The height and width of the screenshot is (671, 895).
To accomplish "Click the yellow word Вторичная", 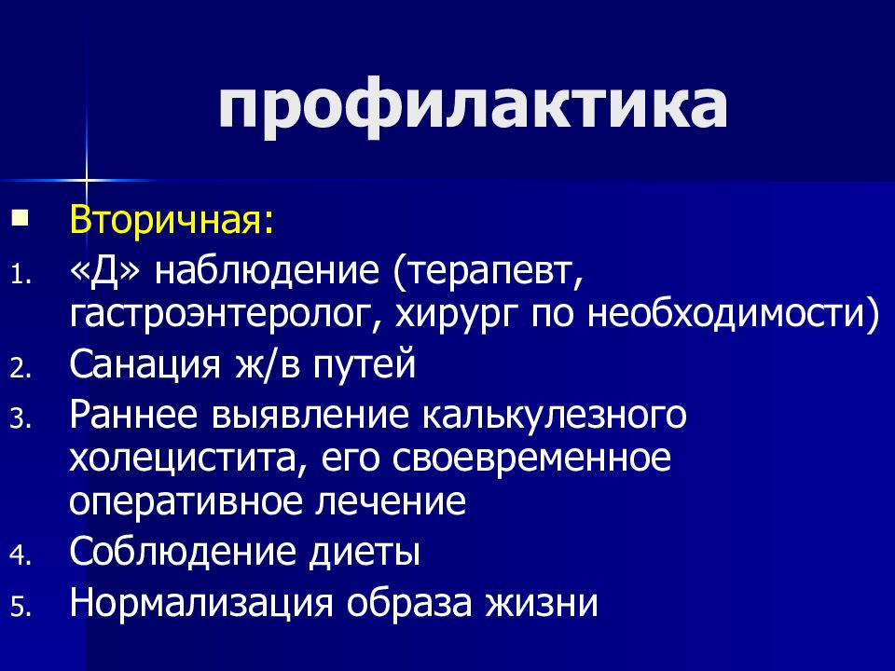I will click(x=172, y=225).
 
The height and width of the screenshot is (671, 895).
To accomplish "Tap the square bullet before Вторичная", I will click(x=21, y=220).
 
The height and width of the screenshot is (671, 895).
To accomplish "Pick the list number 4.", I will click(x=21, y=556).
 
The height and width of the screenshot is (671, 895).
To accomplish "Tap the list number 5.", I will click(x=21, y=608).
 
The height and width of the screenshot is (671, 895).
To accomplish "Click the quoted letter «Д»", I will click(x=105, y=274).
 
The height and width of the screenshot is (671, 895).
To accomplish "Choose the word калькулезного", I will click(x=557, y=415).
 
